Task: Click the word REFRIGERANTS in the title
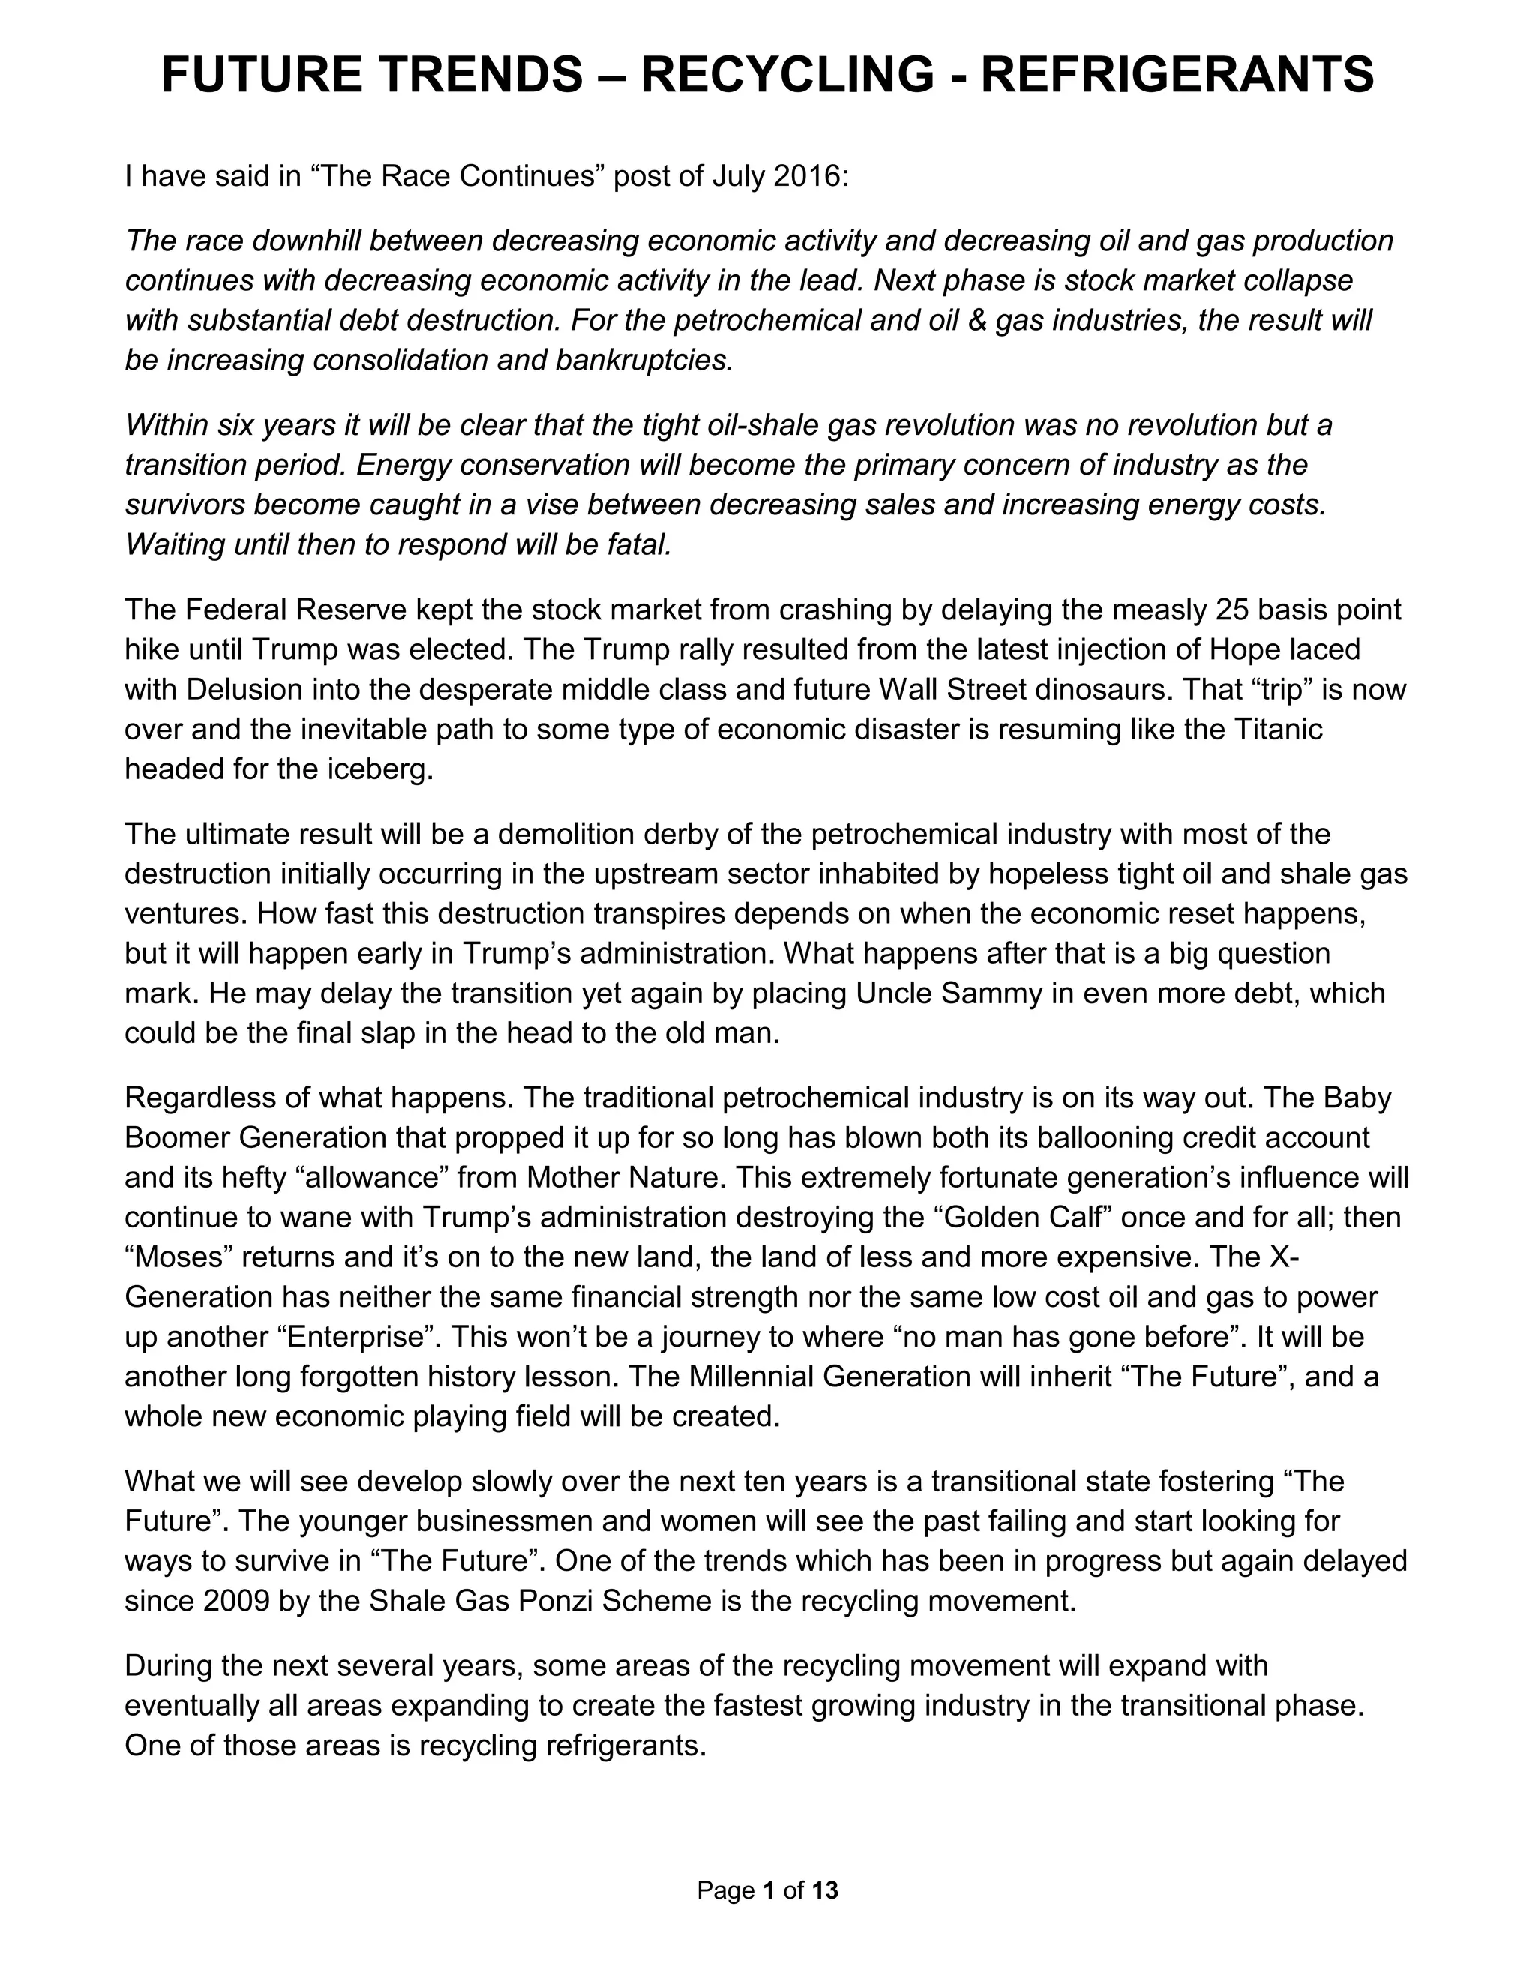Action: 1177,74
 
